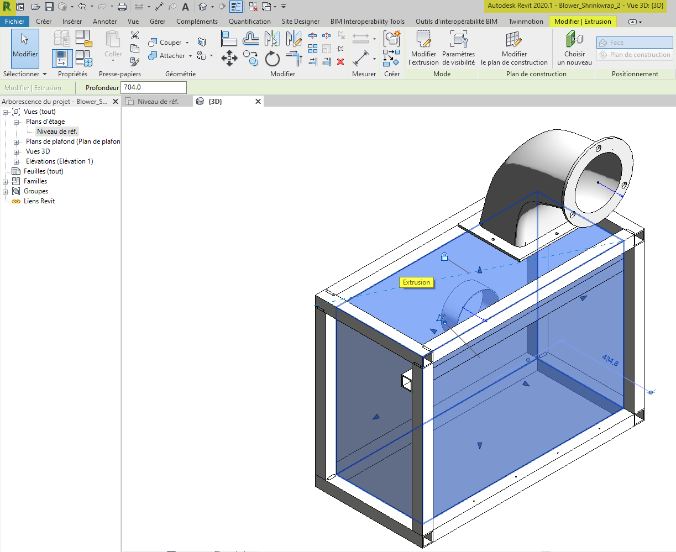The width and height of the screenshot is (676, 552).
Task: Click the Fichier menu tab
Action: [15, 22]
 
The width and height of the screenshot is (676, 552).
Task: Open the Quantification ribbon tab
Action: [249, 22]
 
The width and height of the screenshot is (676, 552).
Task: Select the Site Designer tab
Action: [300, 22]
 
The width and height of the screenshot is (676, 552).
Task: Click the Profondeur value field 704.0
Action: [153, 87]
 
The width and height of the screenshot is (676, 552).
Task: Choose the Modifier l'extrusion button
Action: [423, 48]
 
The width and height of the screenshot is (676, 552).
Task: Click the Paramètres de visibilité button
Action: [458, 48]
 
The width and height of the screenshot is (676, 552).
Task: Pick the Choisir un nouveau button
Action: [574, 48]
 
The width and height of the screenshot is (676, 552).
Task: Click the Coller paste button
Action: [113, 44]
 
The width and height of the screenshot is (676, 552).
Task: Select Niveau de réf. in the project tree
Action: [57, 132]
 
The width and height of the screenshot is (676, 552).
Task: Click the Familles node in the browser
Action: [35, 181]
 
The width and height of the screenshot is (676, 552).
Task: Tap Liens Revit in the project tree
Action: [39, 201]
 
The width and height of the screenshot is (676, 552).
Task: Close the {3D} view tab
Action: [258, 102]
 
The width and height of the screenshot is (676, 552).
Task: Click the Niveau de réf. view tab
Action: [158, 102]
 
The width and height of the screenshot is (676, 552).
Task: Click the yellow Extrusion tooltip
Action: [416, 282]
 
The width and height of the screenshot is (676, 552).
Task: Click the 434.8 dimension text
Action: [610, 360]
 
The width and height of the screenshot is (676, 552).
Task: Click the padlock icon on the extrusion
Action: [444, 256]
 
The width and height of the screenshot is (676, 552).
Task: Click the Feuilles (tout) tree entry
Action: [43, 171]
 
